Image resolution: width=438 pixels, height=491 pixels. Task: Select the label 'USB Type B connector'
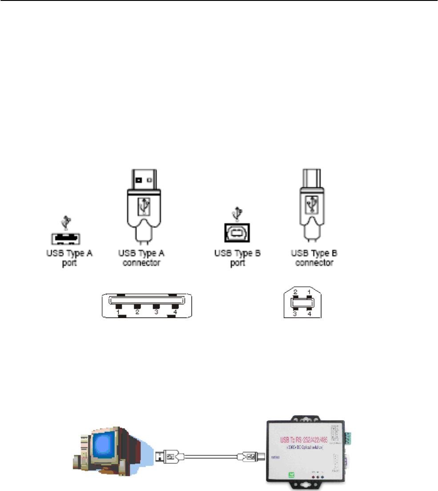(314, 258)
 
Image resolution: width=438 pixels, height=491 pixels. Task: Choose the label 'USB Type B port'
(238, 258)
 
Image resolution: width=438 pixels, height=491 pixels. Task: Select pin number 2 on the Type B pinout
(294, 291)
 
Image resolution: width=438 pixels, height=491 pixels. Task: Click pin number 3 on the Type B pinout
(294, 314)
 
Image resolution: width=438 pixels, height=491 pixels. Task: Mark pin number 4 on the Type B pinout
(310, 314)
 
